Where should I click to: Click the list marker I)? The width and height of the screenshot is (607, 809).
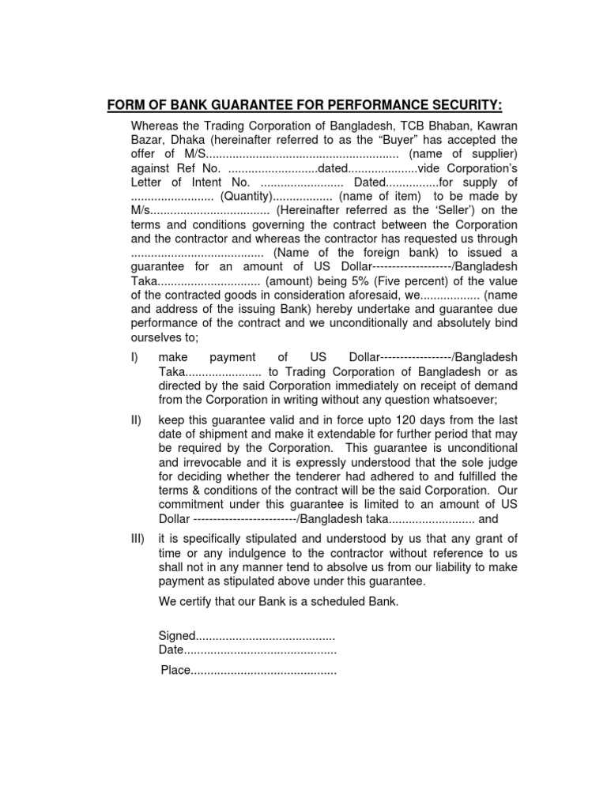[x=134, y=357]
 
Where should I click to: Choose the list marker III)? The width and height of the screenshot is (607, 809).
[x=138, y=539]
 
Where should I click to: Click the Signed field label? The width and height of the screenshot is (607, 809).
[x=176, y=635]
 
